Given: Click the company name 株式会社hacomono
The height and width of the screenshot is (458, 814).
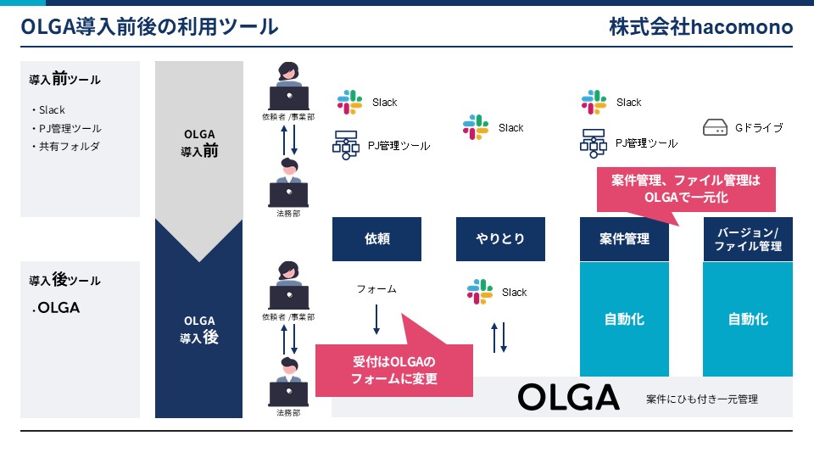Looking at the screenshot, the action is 701,26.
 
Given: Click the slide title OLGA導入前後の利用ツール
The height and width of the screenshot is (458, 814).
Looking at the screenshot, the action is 149,26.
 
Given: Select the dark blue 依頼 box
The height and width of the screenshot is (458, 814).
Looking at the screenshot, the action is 376,239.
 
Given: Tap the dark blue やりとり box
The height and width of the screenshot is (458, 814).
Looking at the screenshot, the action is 500,239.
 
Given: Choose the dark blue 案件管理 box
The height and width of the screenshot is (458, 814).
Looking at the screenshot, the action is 624,239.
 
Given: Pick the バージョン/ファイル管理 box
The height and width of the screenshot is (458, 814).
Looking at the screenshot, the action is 748,239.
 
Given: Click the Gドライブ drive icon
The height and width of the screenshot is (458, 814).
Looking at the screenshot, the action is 715,127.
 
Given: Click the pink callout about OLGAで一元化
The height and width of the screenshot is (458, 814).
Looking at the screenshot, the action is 686,189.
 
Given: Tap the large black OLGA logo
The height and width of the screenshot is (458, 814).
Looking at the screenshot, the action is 568,397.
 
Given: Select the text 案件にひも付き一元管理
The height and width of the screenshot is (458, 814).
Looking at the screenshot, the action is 702,399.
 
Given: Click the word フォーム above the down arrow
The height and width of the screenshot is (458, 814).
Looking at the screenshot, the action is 376,288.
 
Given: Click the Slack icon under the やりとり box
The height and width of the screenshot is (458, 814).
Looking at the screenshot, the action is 480,292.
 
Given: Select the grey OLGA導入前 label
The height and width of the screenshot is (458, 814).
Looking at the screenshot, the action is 199,142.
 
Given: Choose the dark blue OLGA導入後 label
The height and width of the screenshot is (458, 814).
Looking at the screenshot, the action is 199,330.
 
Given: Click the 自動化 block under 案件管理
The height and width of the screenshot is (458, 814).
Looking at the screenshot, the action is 624,319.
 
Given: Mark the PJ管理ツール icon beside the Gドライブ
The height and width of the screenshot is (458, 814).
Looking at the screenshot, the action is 594,143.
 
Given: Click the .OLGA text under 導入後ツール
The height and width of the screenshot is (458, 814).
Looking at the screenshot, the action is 56,307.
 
